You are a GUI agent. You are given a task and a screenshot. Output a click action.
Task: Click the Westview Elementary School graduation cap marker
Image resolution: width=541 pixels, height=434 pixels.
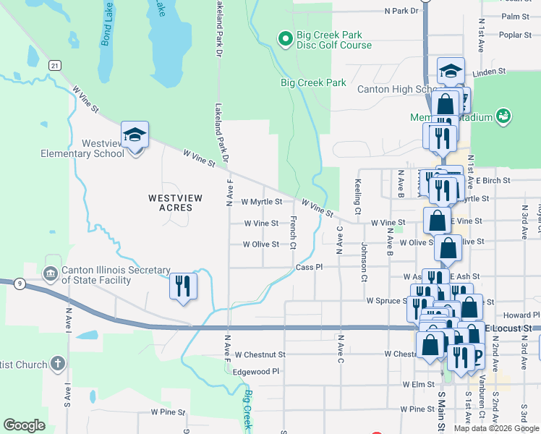[x=135, y=135]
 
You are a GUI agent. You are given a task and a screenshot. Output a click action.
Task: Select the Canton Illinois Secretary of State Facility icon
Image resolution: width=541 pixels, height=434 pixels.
[x=50, y=273]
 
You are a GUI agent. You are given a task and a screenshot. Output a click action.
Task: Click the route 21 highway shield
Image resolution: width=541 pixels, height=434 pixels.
[x=54, y=65]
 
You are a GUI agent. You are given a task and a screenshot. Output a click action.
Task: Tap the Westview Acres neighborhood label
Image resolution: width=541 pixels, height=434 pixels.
[x=171, y=202]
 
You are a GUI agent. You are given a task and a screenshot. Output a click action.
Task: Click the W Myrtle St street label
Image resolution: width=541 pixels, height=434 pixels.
[x=261, y=202]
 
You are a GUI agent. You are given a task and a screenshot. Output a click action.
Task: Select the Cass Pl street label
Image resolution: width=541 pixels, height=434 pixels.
[x=309, y=267]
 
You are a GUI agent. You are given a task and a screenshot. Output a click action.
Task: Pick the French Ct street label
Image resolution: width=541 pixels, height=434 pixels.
[x=293, y=232]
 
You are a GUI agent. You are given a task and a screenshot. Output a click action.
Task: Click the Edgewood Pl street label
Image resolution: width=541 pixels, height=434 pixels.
[x=256, y=371]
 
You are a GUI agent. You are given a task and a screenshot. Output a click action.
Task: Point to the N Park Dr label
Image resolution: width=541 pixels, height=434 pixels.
[x=402, y=12]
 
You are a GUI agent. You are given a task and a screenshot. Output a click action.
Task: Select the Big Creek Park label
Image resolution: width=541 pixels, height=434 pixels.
[x=313, y=83]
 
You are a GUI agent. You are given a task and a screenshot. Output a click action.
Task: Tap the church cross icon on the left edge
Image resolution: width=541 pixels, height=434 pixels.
[x=59, y=364]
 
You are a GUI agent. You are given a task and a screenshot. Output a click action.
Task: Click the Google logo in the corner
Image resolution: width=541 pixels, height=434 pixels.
[x=25, y=425]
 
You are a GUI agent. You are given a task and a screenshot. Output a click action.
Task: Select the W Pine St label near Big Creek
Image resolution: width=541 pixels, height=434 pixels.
[x=168, y=412]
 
